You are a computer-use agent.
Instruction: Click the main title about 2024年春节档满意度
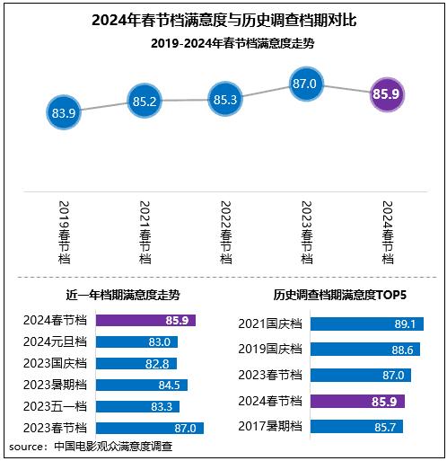tap(223, 19)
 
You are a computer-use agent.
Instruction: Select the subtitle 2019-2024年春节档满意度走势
tap(223, 42)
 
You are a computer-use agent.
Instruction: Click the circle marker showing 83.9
tap(64, 113)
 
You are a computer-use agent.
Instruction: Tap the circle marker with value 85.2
tap(145, 102)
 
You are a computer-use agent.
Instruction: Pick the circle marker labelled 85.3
tap(226, 100)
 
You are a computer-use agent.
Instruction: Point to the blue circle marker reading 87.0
tap(307, 84)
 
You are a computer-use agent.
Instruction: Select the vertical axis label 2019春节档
tap(64, 230)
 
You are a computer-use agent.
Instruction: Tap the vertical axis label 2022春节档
tap(226, 230)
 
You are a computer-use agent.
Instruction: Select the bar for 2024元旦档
tap(136, 341)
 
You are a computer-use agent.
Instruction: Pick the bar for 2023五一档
tap(137, 407)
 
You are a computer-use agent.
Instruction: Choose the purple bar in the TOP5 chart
tap(356, 401)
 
